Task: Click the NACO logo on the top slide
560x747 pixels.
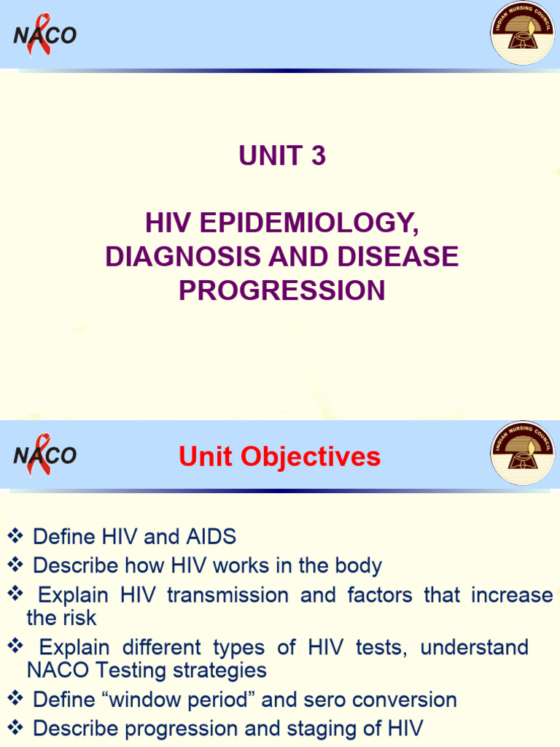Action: click(x=44, y=34)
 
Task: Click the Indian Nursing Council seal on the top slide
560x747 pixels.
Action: click(x=522, y=33)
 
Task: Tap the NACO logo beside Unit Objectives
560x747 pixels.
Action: click(x=44, y=455)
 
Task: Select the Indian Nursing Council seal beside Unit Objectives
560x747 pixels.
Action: click(x=522, y=453)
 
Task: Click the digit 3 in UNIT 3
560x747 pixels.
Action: click(x=318, y=156)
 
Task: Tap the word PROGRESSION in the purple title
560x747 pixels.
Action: click(x=282, y=290)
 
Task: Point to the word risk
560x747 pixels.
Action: click(x=79, y=618)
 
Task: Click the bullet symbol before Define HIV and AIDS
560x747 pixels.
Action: click(x=15, y=537)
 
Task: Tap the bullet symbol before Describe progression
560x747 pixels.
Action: click(x=15, y=728)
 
